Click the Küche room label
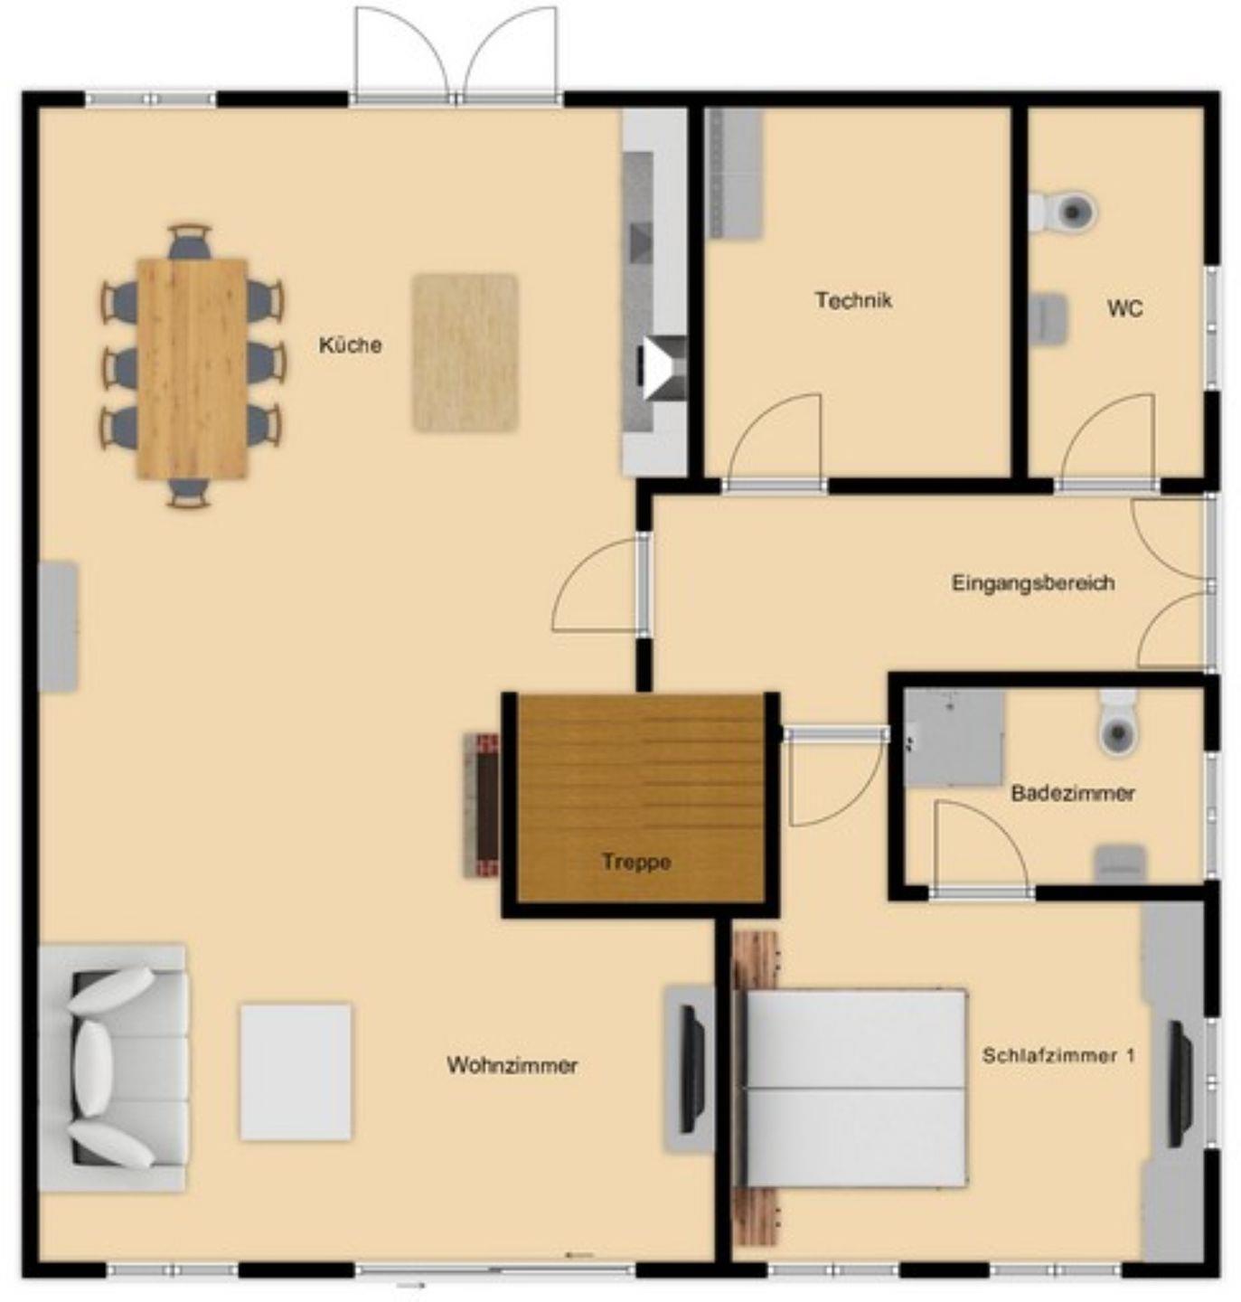tap(351, 345)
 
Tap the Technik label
tap(853, 300)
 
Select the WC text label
tap(1125, 308)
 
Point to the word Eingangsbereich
tap(1033, 583)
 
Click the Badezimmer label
tap(1073, 793)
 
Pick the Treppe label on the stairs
tap(636, 862)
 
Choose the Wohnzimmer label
tap(512, 1066)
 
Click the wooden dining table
tap(192, 368)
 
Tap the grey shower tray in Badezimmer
tap(954, 739)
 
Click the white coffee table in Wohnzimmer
tap(296, 1071)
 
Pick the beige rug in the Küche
tap(465, 353)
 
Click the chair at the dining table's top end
tap(190, 241)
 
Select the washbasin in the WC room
tap(1048, 319)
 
